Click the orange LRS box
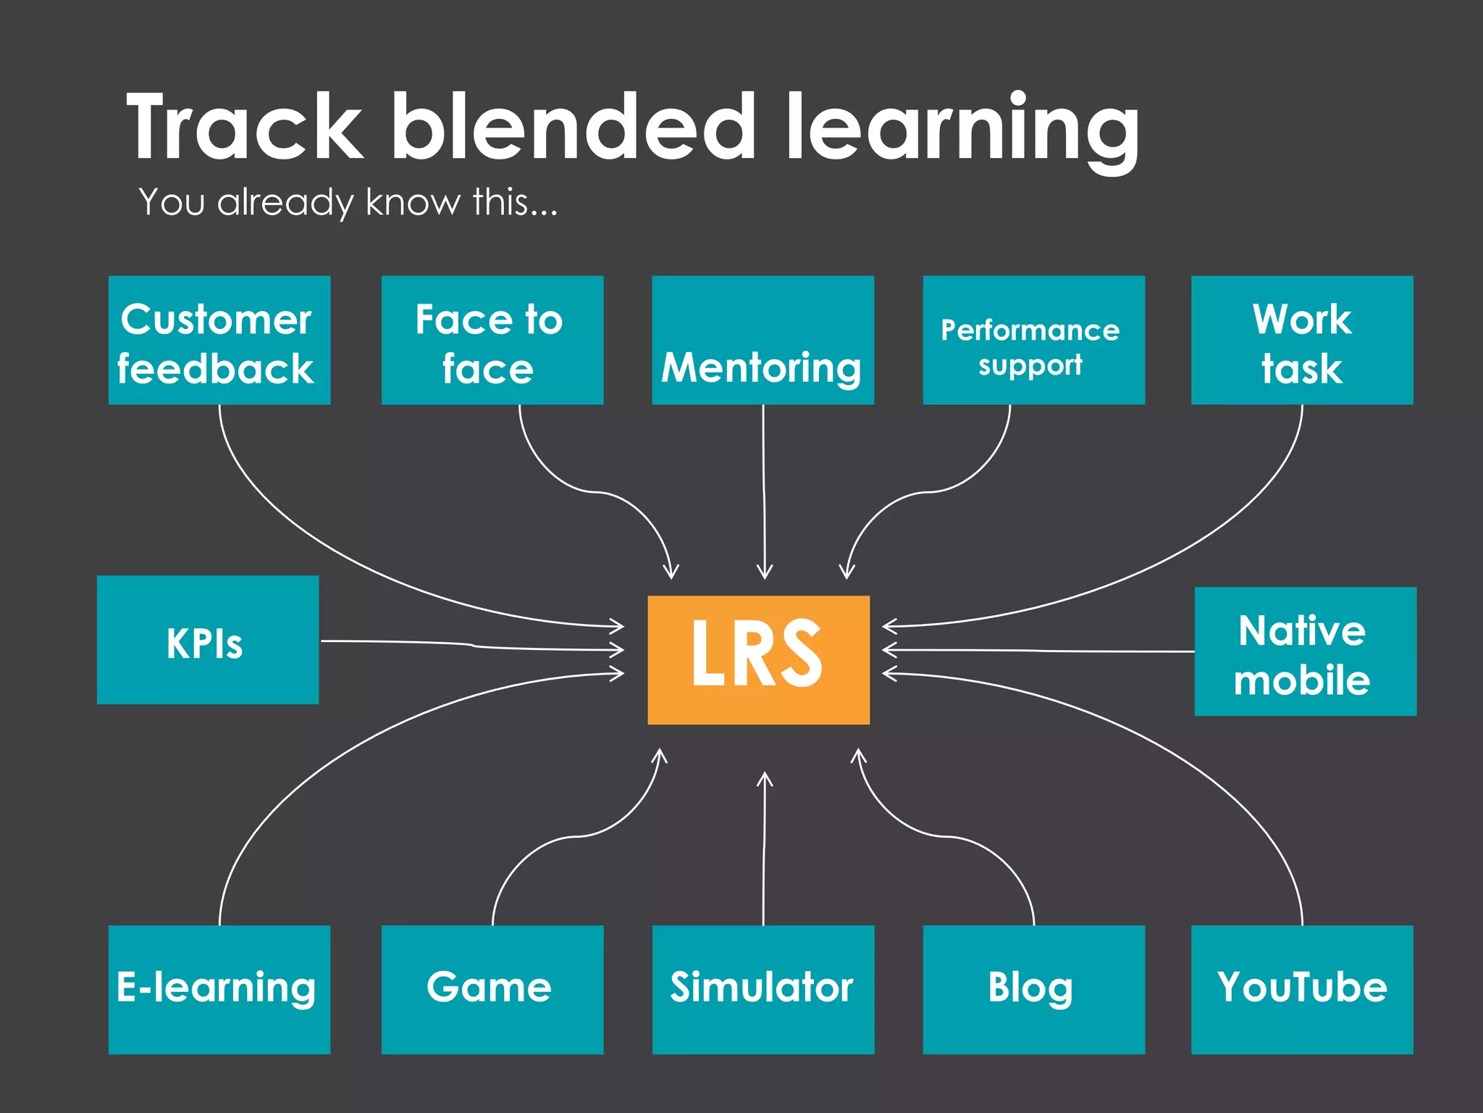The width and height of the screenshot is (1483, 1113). tap(758, 659)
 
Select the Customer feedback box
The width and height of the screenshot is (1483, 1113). tap(219, 340)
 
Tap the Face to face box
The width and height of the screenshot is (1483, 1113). tap(492, 340)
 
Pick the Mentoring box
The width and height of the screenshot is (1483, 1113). tap(762, 340)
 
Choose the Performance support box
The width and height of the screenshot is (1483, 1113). tap(1033, 340)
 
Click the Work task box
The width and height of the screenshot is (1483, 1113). tap(1302, 340)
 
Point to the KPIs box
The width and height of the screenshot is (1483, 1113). tap(208, 640)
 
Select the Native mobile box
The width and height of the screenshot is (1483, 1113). tap(1305, 651)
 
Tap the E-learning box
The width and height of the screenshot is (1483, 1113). tap(219, 989)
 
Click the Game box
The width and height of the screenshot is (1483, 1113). tap(492, 989)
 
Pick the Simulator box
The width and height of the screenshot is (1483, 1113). tap(762, 989)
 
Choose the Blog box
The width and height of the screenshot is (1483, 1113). tap(1033, 989)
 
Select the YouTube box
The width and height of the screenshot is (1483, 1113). tap(1302, 989)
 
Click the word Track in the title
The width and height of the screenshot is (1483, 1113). tap(245, 128)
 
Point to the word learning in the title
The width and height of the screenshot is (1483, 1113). tap(963, 130)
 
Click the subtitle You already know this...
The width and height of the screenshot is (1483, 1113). tap(348, 202)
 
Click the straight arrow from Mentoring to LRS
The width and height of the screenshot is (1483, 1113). tap(764, 493)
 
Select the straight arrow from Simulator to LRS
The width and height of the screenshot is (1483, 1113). tap(764, 848)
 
